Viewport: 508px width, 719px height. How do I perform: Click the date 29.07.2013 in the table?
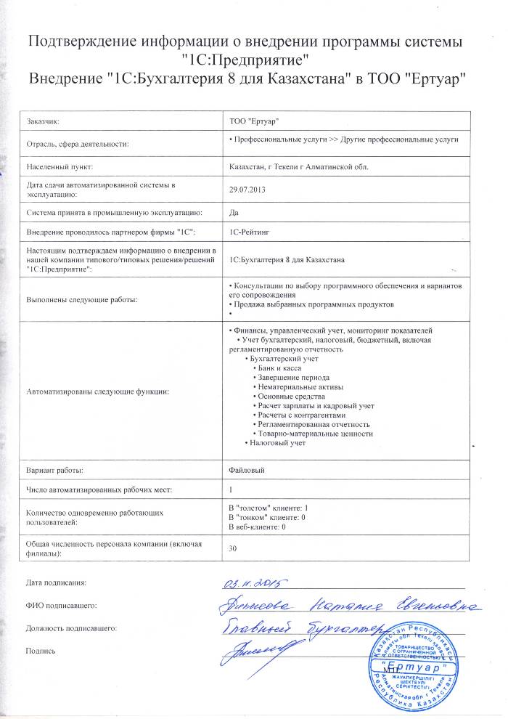(x=245, y=190)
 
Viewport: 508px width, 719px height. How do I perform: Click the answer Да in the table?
(x=233, y=212)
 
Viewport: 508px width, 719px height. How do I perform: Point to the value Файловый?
(x=245, y=471)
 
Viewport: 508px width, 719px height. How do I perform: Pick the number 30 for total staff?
(x=233, y=548)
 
